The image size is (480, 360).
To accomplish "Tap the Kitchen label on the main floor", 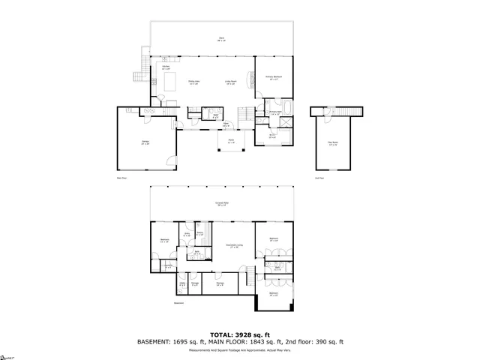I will point(166,67).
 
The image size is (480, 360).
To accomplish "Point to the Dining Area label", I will point(193,82).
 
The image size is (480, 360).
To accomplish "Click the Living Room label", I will point(231,82).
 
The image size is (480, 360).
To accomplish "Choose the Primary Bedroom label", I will point(273,77).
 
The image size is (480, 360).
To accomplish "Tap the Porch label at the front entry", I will point(232,142).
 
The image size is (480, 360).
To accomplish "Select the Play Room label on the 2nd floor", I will point(332,143).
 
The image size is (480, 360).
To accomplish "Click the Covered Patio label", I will point(221,203).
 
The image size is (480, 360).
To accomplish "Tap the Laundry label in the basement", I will point(169,265).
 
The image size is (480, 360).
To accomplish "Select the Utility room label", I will point(182,283).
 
